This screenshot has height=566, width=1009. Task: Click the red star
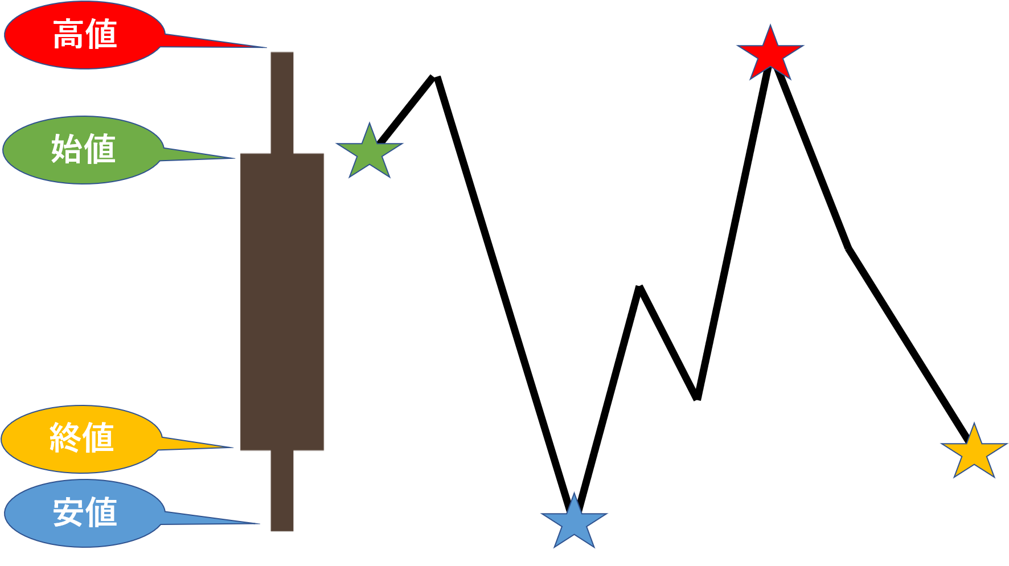click(770, 54)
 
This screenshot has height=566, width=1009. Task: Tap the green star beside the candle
click(370, 152)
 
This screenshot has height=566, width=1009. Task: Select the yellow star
click(974, 453)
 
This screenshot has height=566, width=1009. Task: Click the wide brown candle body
click(282, 302)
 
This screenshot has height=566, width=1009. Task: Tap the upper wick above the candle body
click(282, 102)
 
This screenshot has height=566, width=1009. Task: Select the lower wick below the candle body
click(282, 491)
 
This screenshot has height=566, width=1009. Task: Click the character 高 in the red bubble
click(68, 34)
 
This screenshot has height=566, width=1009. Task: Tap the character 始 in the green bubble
click(67, 149)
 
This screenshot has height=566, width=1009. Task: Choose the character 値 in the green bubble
click(100, 149)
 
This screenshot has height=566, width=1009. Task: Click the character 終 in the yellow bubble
click(65, 438)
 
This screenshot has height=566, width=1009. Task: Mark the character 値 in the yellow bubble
click(99, 438)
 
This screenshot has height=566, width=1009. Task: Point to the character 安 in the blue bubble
click(68, 512)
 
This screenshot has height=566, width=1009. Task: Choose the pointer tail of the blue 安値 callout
click(211, 519)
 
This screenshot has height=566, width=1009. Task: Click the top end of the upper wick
click(282, 54)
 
